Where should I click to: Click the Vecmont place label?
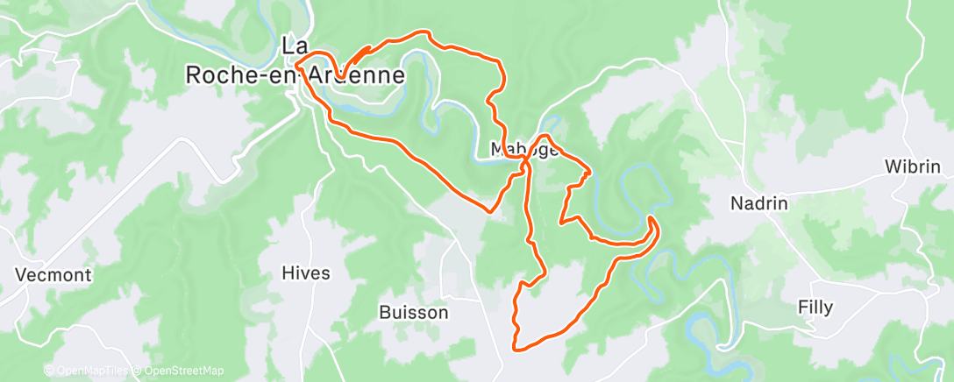tap(53, 275)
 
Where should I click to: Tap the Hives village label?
tap(306, 273)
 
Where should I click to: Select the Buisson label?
tap(414, 312)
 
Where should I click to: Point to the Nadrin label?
tap(759, 203)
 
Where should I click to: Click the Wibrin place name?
tap(913, 166)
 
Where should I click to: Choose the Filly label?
tap(815, 308)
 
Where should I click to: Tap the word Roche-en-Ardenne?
tap(295, 76)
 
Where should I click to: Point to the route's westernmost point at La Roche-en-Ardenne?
tap(296, 64)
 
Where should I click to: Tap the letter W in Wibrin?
tap(892, 166)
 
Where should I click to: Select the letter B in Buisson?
tap(385, 312)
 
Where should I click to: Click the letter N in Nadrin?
tap(737, 203)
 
